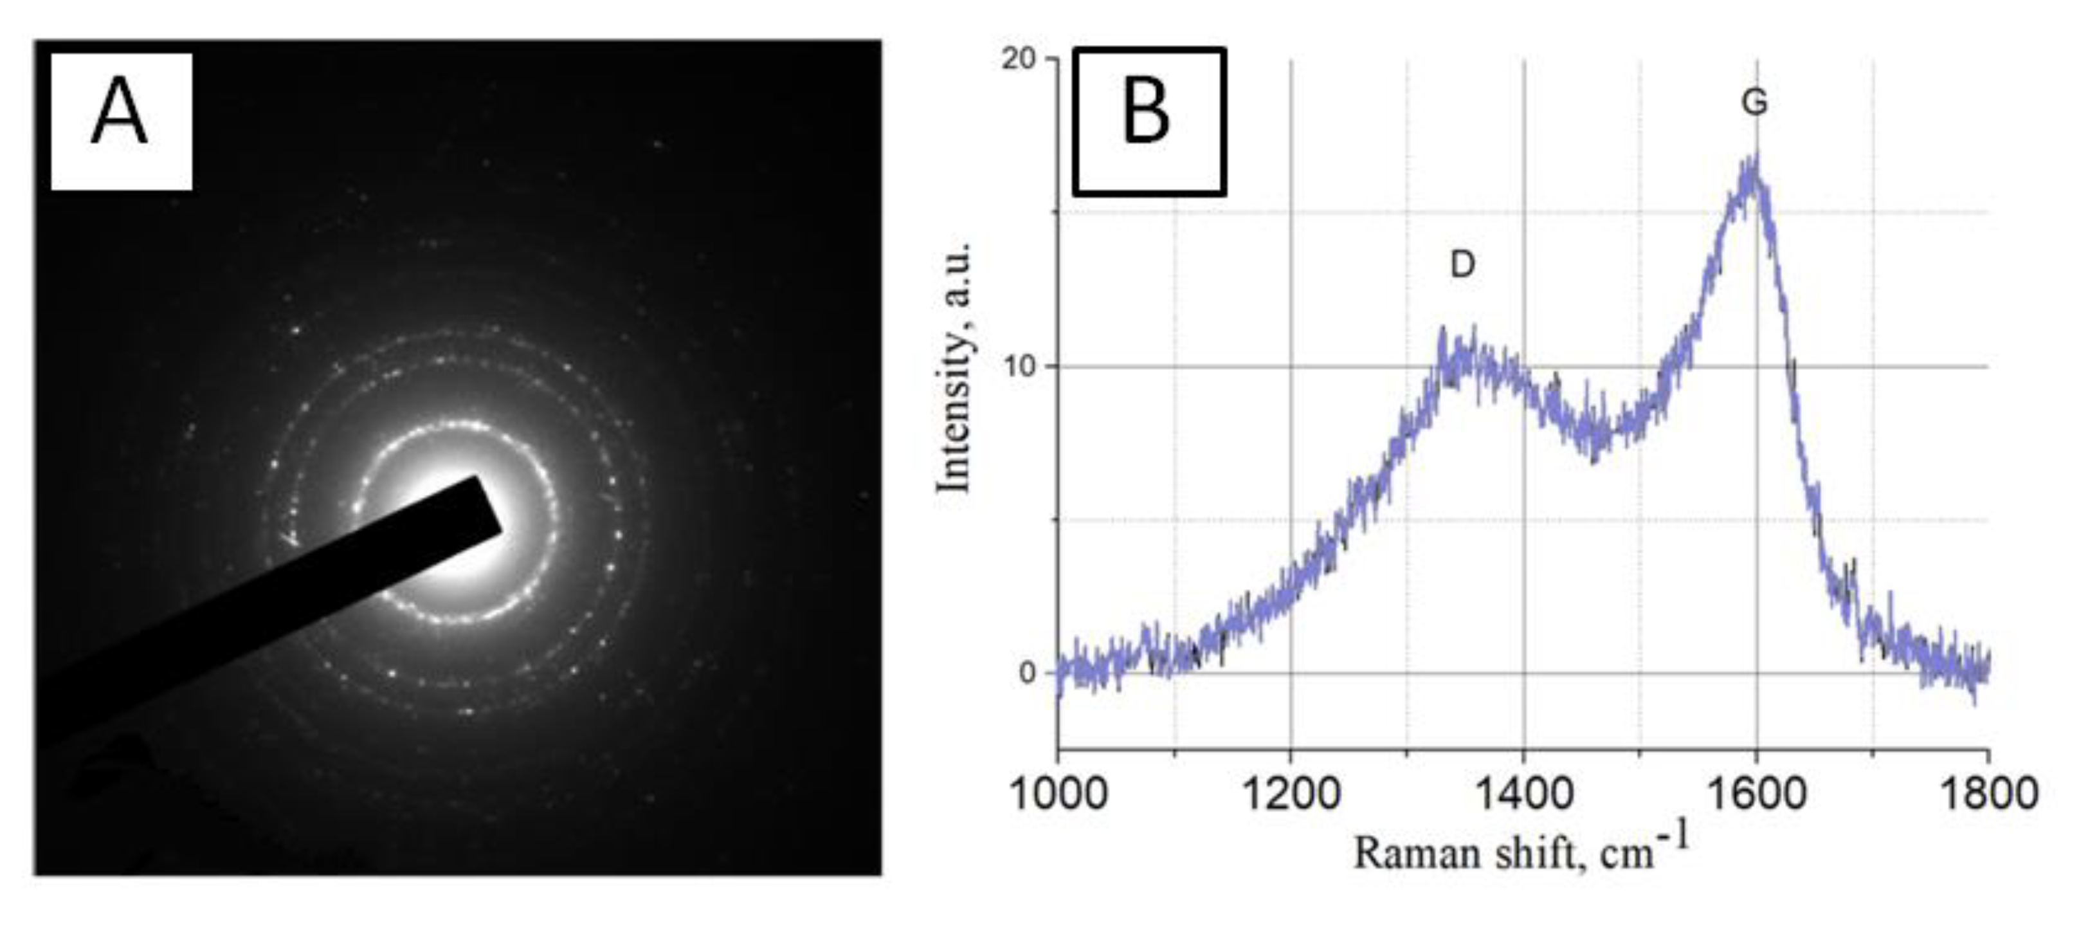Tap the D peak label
click(1462, 264)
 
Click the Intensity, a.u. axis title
click(955, 367)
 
